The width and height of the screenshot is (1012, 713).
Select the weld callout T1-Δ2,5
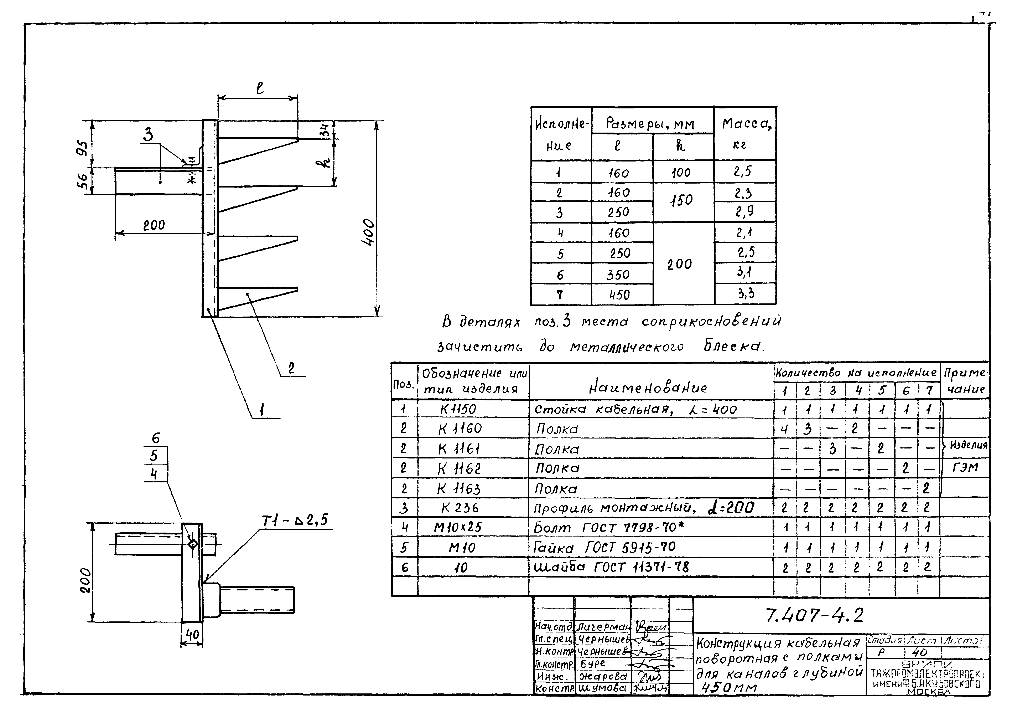coord(295,521)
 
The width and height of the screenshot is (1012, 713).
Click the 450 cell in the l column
coord(619,294)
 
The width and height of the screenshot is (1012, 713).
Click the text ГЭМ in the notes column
coord(965,467)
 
